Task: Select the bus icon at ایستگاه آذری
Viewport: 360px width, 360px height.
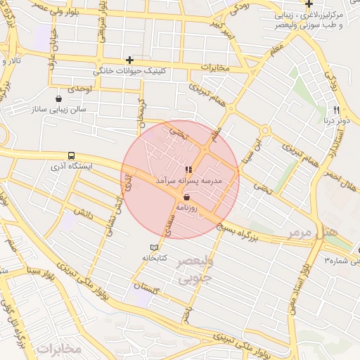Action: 70,155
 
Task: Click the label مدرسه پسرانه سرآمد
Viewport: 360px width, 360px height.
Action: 188,181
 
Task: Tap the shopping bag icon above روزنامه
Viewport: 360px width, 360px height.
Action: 186,198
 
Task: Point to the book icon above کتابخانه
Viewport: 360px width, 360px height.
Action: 155,247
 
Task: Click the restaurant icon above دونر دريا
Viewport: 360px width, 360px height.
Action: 336,110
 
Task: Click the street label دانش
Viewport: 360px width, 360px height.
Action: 82,212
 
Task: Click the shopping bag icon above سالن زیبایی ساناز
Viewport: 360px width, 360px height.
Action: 58,98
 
